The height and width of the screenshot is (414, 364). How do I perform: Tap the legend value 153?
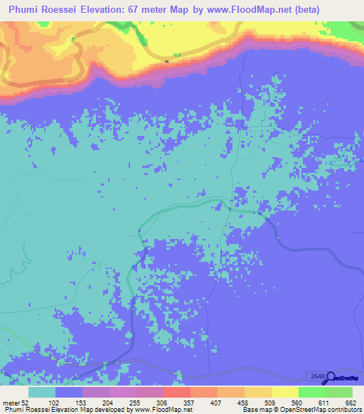pyautogui.click(x=109, y=402)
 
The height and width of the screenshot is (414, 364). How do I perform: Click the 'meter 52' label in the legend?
pyautogui.click(x=18, y=402)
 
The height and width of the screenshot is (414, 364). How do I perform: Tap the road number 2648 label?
pyautogui.click(x=317, y=375)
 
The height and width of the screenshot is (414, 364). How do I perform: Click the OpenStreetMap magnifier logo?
pyautogui.click(x=329, y=376)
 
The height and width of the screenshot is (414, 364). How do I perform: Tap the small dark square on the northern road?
pyautogui.click(x=166, y=61)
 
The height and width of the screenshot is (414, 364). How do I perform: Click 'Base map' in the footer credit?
pyautogui.click(x=256, y=410)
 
